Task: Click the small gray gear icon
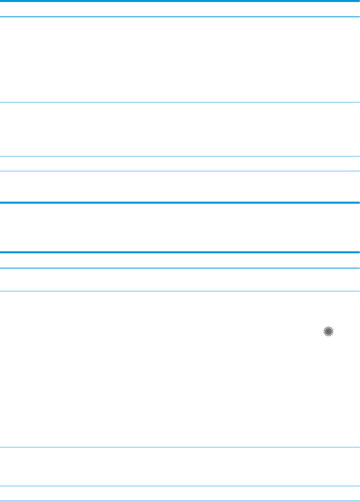coord(328,331)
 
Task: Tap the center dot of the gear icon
coord(328,331)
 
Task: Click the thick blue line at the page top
coord(180,1)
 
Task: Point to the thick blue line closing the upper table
coord(180,203)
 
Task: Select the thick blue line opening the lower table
coord(180,252)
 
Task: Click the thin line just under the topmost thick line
coord(180,17)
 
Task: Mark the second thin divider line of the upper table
coord(180,103)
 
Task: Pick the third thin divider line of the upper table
coord(180,156)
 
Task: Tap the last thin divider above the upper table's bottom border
coord(180,171)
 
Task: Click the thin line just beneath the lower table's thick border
coord(180,268)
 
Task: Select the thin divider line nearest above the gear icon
coord(180,291)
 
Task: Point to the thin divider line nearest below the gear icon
coord(180,447)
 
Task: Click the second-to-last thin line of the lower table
coord(180,486)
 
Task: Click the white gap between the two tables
coord(180,227)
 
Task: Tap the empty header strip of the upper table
coord(180,9)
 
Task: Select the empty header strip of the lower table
coord(180,260)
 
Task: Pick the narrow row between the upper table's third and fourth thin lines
coord(180,164)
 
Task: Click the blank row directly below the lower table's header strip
coord(180,279)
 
